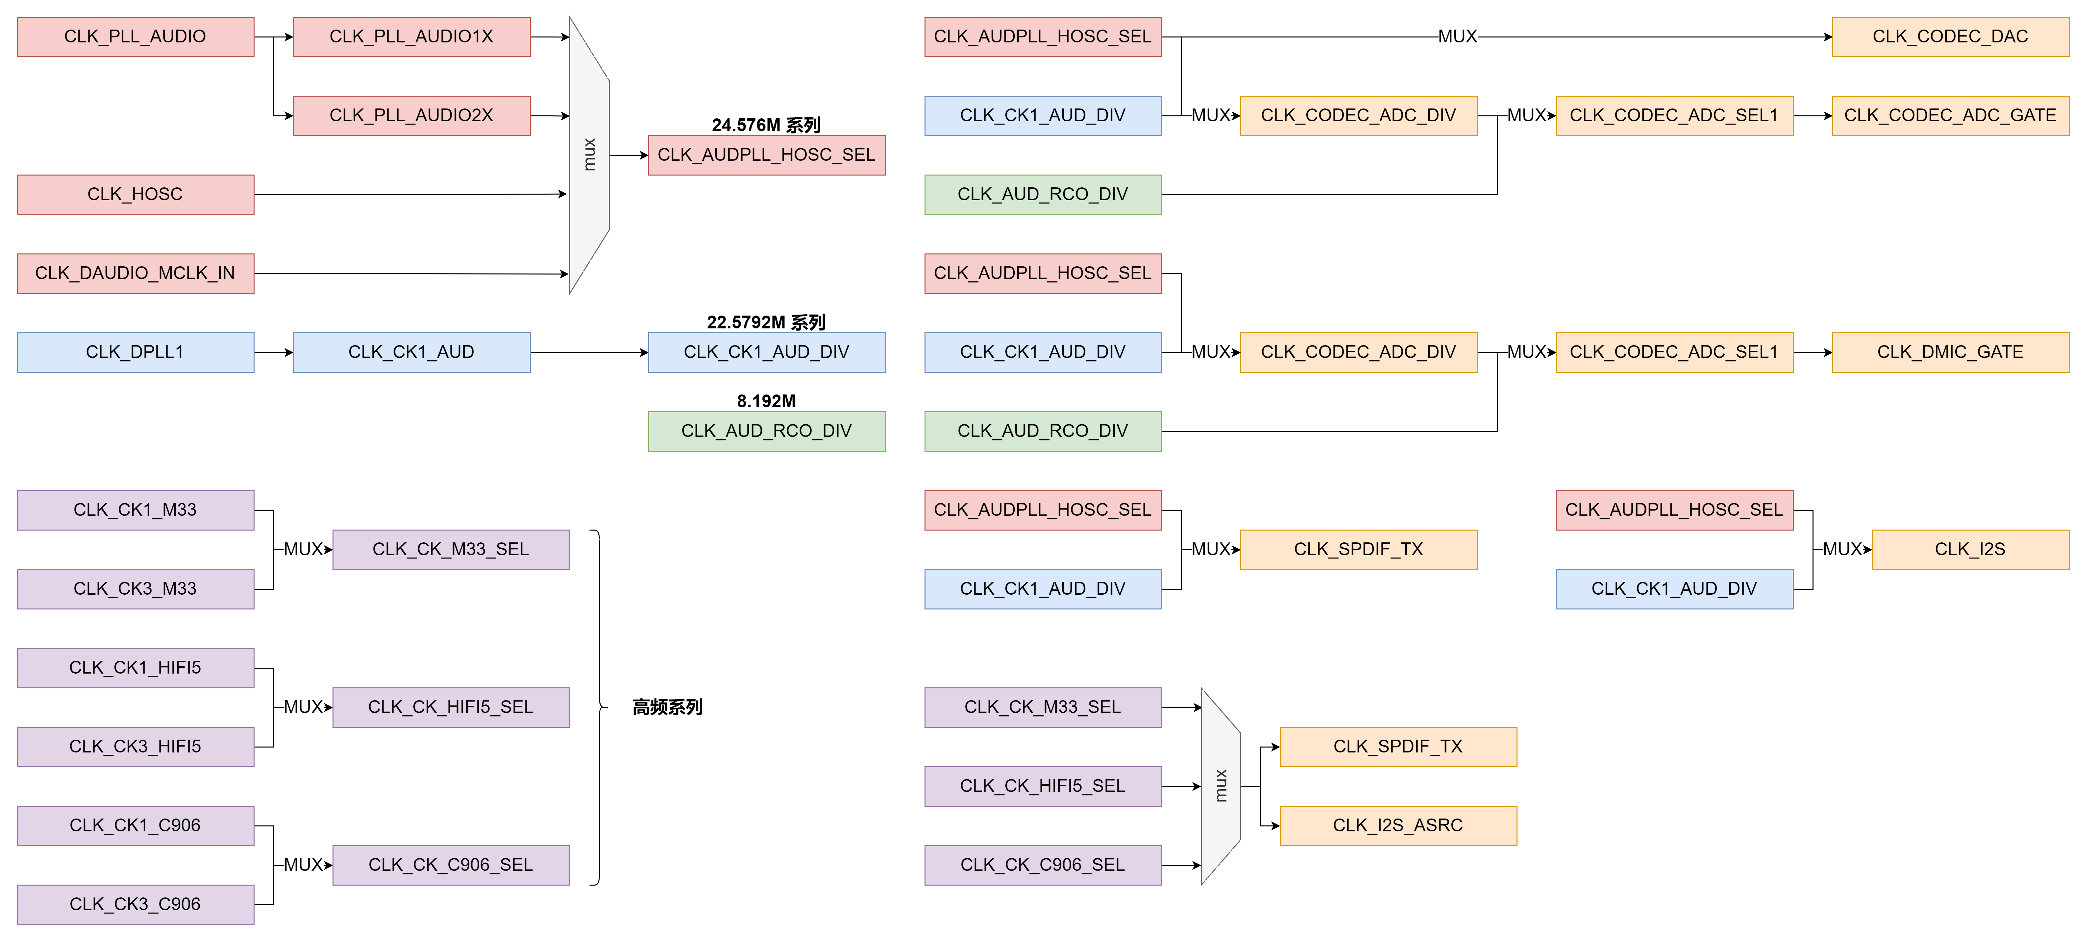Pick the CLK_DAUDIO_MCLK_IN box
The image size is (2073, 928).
(135, 274)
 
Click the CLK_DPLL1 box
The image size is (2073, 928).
(135, 352)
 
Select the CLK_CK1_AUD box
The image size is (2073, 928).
(411, 352)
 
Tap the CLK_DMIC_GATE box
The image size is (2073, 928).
(1950, 352)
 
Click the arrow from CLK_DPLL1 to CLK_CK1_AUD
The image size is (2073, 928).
(274, 352)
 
